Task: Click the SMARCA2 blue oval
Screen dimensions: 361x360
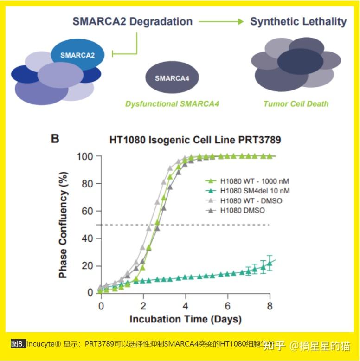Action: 77,55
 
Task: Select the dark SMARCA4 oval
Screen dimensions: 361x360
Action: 172,78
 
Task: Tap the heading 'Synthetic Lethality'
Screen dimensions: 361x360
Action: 298,21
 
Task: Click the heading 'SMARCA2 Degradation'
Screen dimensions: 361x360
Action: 132,21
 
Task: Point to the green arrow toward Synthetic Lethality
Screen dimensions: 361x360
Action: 221,21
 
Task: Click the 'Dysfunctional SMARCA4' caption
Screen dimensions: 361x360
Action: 172,103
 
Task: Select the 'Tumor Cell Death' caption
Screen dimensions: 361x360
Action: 296,103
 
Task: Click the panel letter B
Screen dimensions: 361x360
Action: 54,138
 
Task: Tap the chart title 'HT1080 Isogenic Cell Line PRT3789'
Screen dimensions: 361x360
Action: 195,139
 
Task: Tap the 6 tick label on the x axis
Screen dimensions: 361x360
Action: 227,306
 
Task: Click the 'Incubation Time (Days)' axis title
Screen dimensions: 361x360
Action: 186,319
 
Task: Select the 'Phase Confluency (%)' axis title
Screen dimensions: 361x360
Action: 64,225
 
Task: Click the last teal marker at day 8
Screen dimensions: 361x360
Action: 270,264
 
